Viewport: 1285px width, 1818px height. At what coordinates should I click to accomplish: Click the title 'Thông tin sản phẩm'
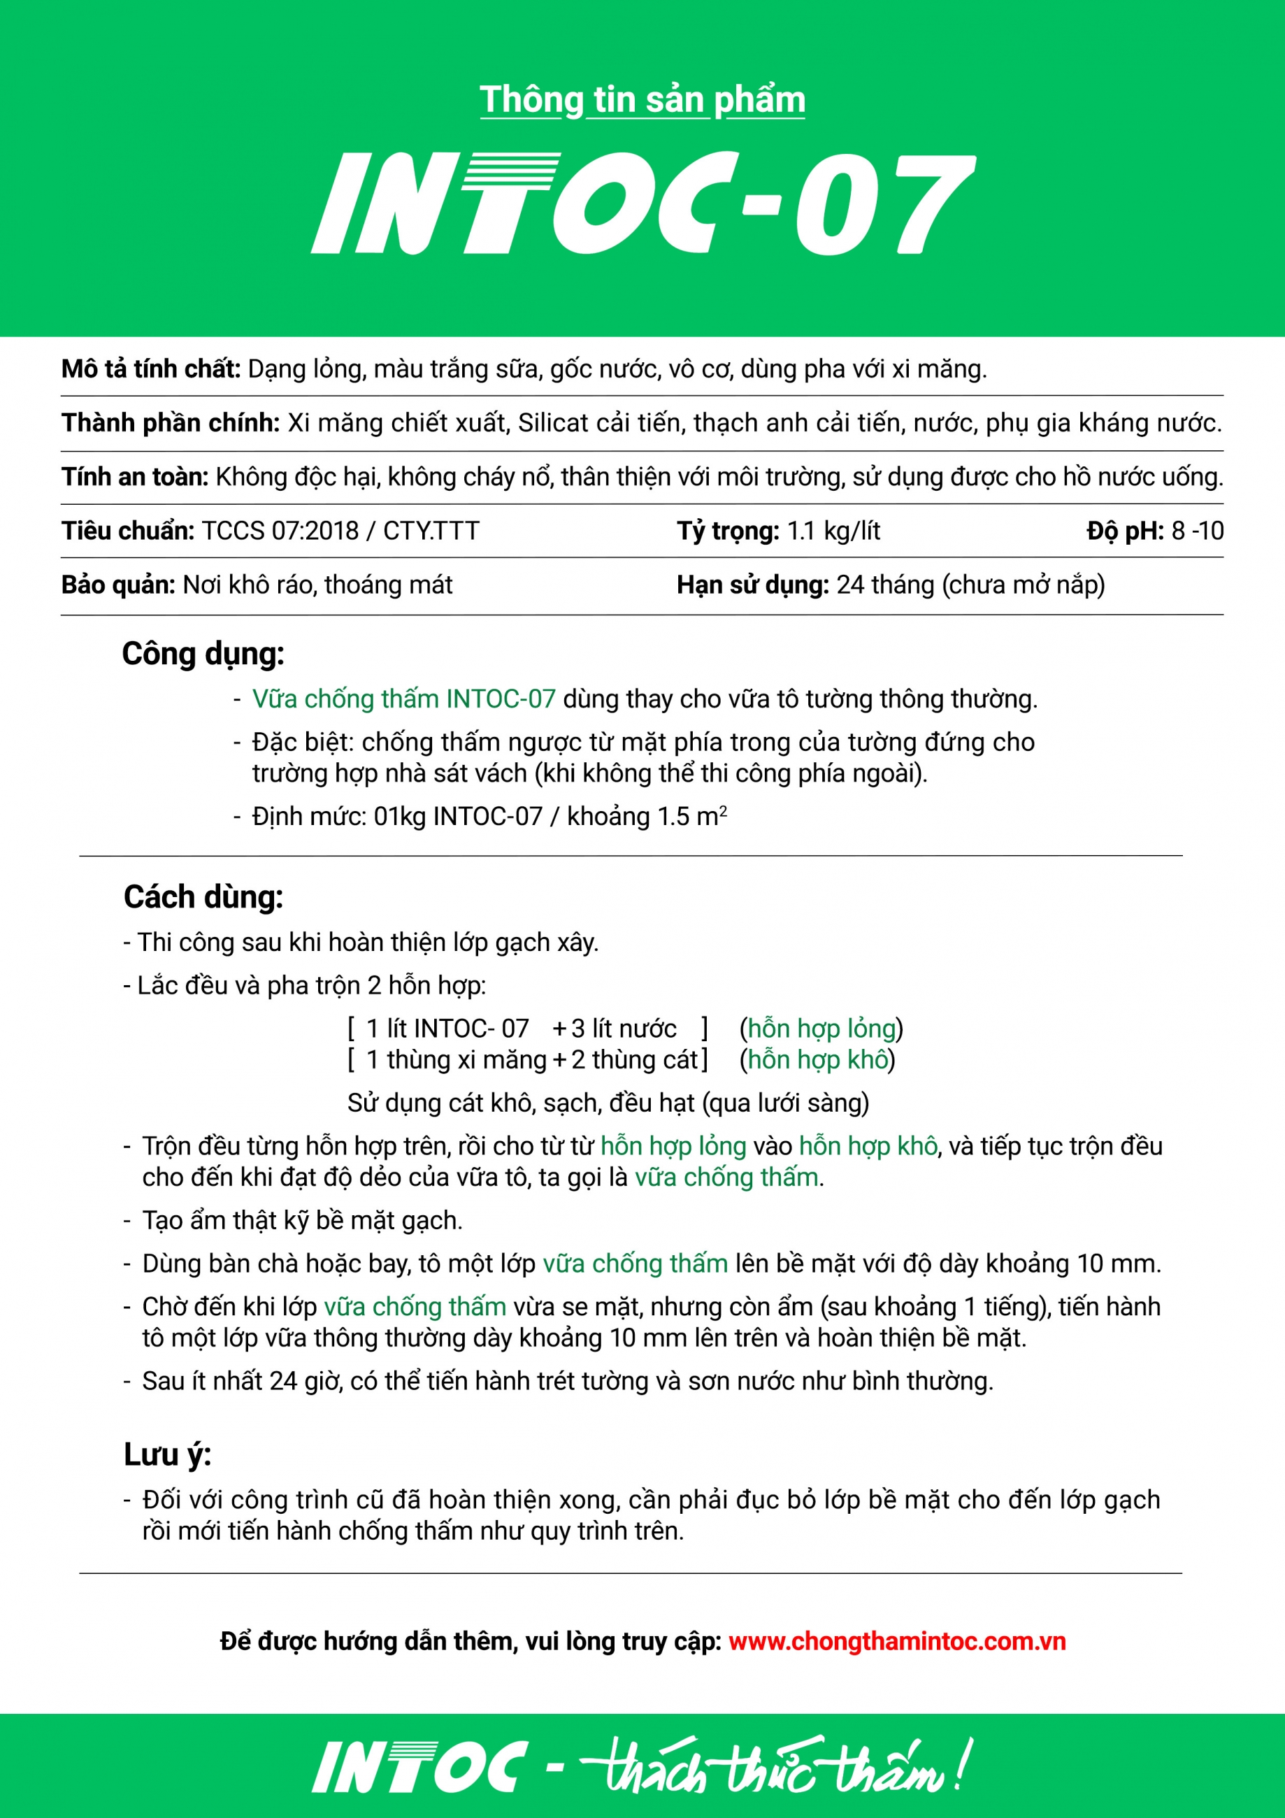[x=642, y=101]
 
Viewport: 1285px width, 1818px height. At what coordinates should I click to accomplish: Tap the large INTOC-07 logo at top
[x=642, y=203]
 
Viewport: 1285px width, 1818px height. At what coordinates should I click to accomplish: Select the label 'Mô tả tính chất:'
[x=150, y=369]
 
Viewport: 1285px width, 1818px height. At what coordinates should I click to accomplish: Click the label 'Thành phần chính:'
[x=170, y=423]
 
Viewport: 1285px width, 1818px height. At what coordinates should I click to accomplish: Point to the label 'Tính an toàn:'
[x=135, y=477]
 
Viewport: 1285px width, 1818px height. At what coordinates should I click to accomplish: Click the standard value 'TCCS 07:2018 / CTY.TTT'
[x=340, y=531]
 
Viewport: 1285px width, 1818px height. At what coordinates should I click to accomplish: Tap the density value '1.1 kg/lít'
[x=833, y=531]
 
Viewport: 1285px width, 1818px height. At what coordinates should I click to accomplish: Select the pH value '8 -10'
[x=1197, y=531]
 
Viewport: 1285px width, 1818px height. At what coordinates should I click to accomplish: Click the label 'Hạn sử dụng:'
[x=752, y=585]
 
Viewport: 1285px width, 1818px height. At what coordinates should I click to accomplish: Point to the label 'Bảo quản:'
[x=118, y=585]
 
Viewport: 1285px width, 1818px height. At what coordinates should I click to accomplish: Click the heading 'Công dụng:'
[x=203, y=654]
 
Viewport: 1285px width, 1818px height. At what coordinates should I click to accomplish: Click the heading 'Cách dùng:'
[x=203, y=897]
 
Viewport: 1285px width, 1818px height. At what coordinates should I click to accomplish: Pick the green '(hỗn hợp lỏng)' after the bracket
[x=821, y=1029]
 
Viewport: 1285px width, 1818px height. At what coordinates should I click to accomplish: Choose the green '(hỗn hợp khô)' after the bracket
[x=817, y=1059]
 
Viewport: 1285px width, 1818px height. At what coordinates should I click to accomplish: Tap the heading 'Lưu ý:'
[x=167, y=1455]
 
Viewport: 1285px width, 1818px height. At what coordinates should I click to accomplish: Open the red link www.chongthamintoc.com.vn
[x=897, y=1641]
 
